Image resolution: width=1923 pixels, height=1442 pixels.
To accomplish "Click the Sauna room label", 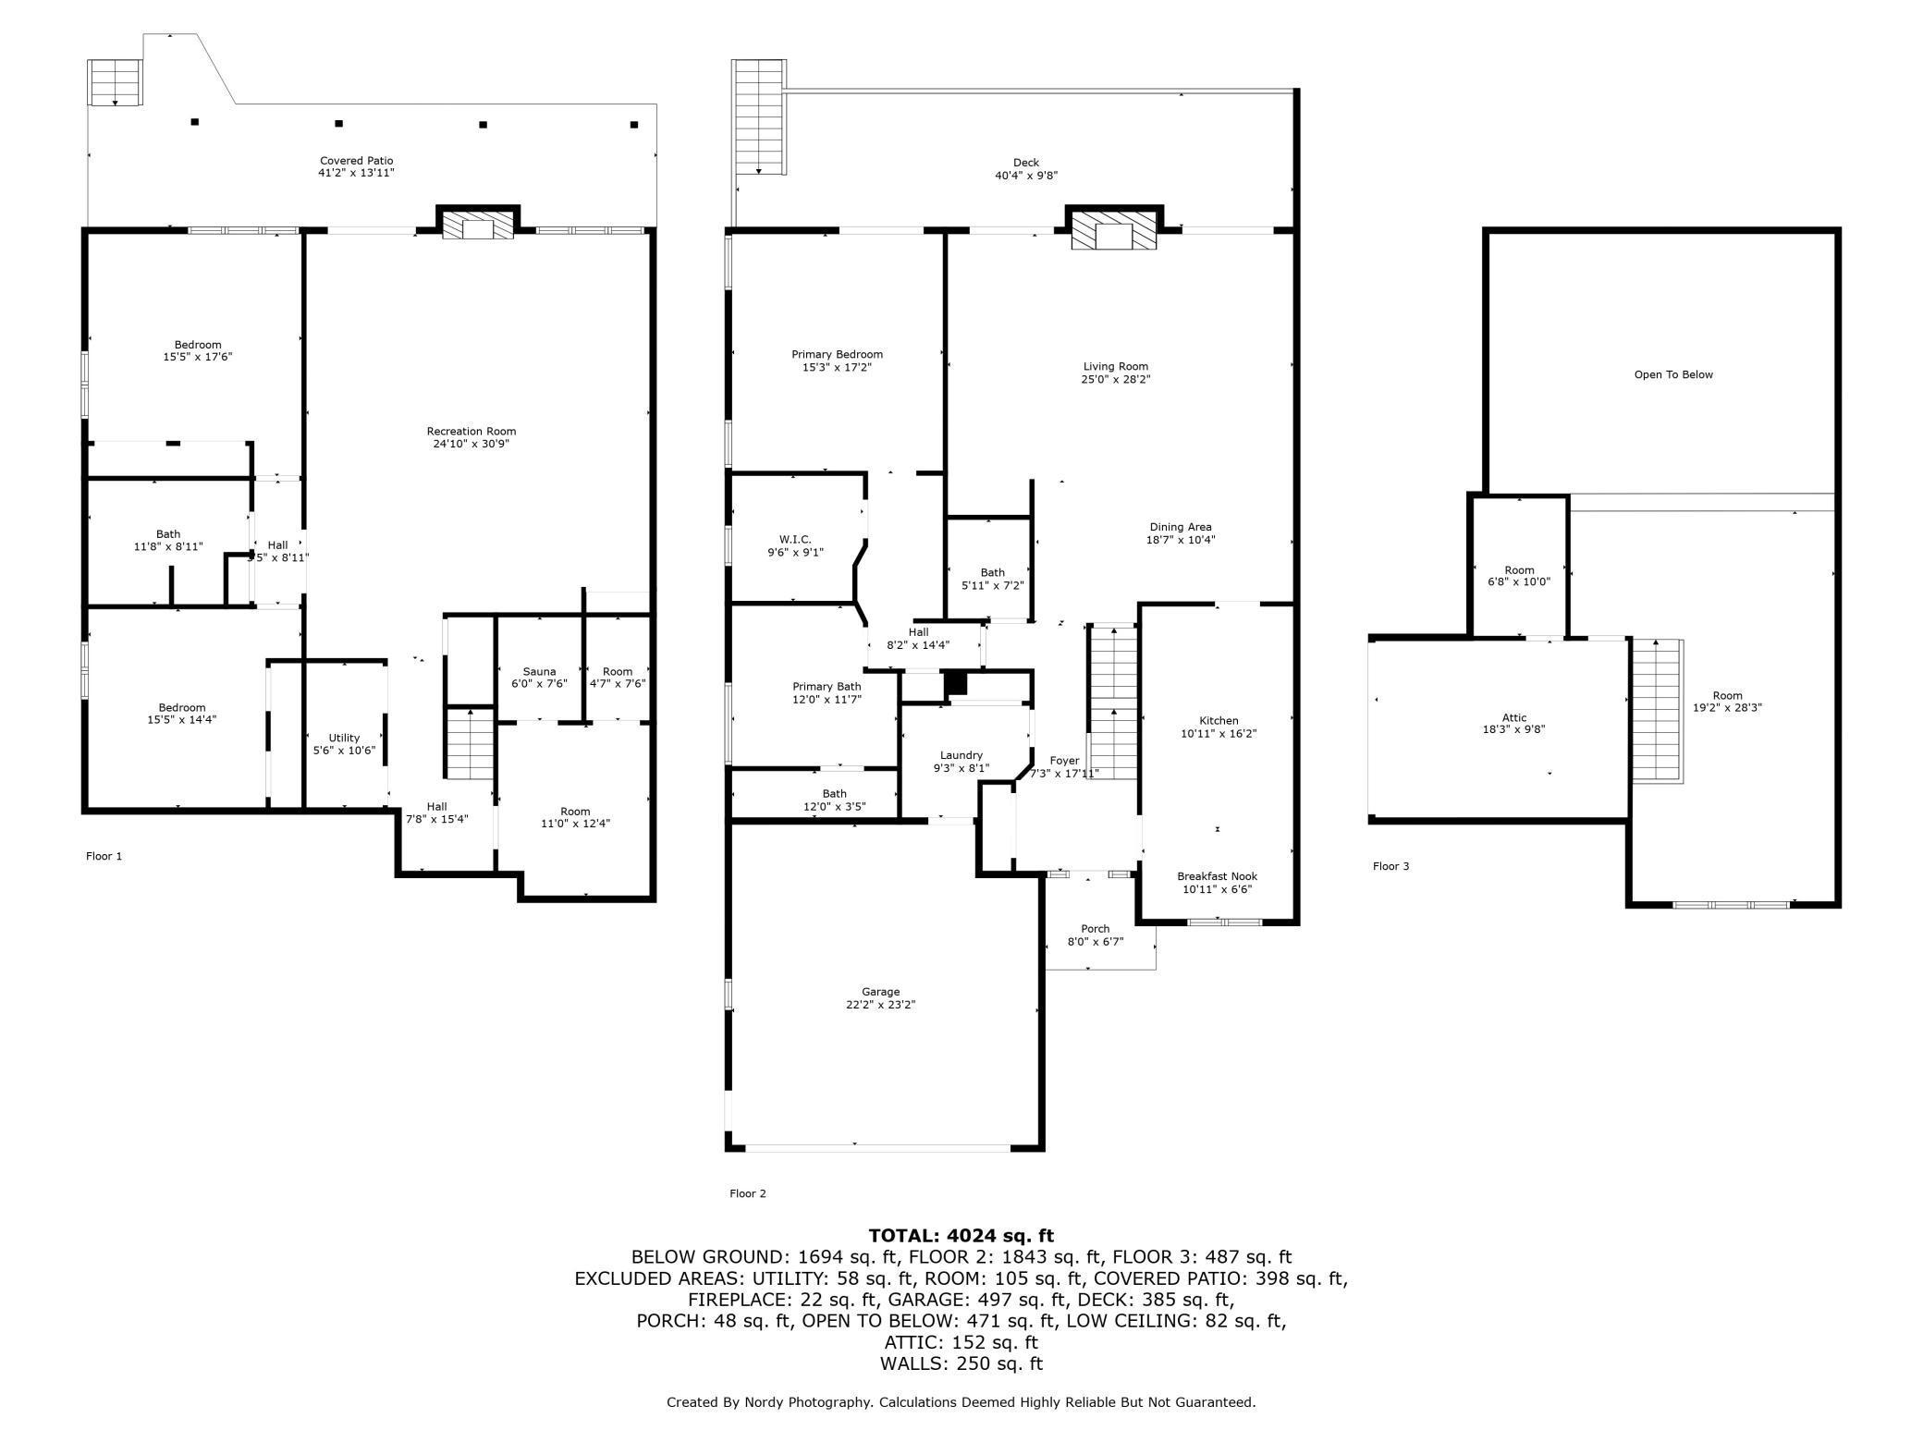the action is [x=539, y=678].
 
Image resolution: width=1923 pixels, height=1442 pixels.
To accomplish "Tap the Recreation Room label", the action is [x=472, y=437].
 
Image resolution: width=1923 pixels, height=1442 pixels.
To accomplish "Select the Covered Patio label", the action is [x=357, y=166].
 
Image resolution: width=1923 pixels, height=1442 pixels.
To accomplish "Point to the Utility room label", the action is [x=344, y=744].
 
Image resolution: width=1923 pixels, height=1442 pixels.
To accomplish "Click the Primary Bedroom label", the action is [x=837, y=360].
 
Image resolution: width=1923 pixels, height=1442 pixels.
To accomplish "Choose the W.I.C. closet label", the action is [x=795, y=545].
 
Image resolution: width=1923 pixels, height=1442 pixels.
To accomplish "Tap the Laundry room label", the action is [x=961, y=761].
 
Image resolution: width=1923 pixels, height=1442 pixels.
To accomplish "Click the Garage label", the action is [x=880, y=998].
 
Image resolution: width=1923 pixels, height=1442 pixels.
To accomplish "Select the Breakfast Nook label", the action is [x=1217, y=883].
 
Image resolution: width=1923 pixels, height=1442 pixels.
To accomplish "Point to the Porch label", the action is [x=1095, y=935].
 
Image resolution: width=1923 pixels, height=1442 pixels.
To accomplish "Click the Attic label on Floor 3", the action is [x=1514, y=723].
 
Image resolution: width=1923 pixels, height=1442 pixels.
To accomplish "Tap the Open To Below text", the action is [x=1673, y=374].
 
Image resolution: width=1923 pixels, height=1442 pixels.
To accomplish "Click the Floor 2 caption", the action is [x=748, y=1193].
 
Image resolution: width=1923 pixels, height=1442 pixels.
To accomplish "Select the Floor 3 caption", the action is [x=1390, y=866].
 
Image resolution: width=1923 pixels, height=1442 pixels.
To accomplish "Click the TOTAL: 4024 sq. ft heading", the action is [x=961, y=1236].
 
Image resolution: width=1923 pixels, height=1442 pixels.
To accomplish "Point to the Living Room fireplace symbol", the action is [x=1114, y=231].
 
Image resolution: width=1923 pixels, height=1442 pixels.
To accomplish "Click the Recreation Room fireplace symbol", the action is [x=478, y=226].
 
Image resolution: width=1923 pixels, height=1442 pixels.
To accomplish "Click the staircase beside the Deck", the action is [x=759, y=117].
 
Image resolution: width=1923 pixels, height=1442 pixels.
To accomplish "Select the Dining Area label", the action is [x=1181, y=533].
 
